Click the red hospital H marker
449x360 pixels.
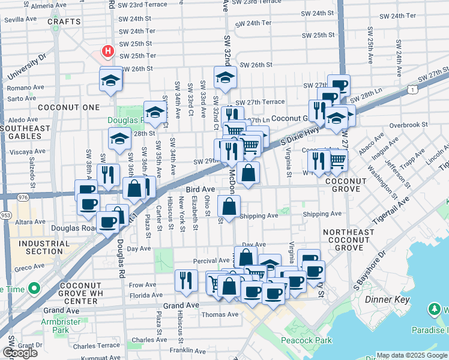click(108, 52)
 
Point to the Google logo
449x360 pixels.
click(20, 353)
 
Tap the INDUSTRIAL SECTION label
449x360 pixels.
click(40, 247)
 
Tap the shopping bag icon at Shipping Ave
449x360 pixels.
click(229, 207)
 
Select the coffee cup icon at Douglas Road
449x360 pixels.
click(109, 223)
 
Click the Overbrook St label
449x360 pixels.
click(408, 125)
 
